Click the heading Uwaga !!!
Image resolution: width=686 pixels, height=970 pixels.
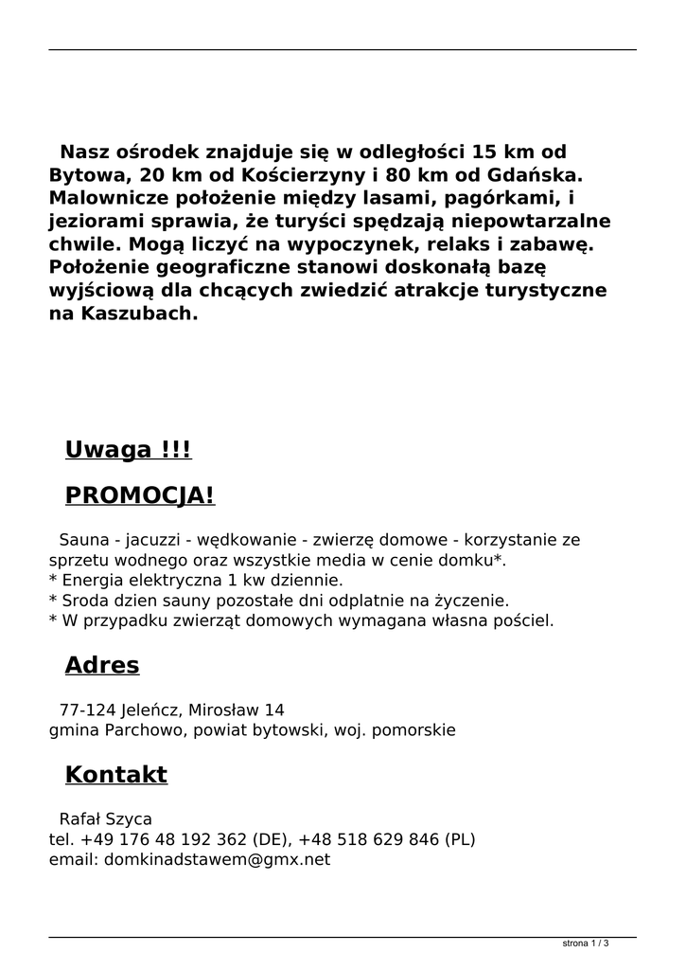click(128, 450)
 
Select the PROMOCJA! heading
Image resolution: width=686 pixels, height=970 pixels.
click(139, 495)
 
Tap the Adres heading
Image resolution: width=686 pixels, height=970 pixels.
click(101, 666)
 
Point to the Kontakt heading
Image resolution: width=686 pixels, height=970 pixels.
click(115, 775)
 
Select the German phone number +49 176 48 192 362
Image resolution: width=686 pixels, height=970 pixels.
click(166, 839)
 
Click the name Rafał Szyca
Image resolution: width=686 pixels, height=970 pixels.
click(105, 818)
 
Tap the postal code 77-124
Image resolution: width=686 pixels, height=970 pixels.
click(83, 710)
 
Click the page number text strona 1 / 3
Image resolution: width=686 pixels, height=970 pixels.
click(585, 943)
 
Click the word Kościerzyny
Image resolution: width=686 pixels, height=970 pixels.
click(297, 175)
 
